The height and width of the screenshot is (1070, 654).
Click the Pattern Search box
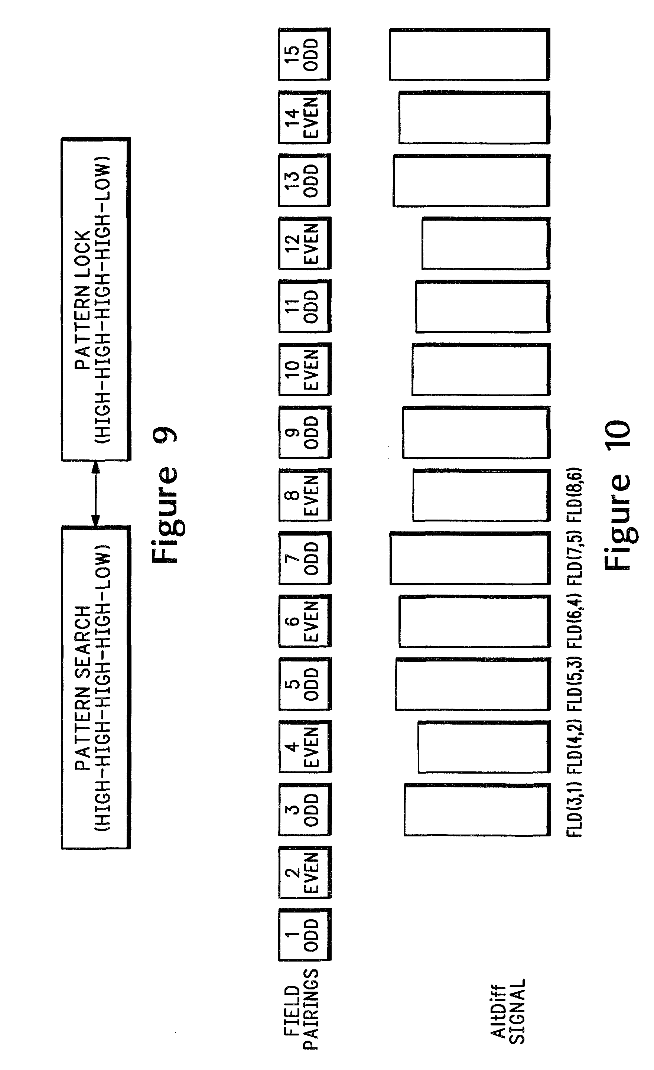click(x=95, y=687)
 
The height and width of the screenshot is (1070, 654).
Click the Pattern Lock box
click(x=95, y=299)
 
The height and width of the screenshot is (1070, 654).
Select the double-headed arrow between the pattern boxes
click(x=95, y=493)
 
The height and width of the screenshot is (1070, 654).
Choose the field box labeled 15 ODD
click(x=305, y=54)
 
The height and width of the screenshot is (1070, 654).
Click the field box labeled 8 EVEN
click(x=305, y=495)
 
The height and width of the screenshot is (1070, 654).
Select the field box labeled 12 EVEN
click(x=305, y=243)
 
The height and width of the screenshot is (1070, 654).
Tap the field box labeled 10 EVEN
click(x=305, y=369)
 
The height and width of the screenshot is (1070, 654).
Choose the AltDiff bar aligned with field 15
click(x=469, y=55)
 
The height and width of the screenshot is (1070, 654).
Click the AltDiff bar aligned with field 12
click(x=485, y=244)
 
